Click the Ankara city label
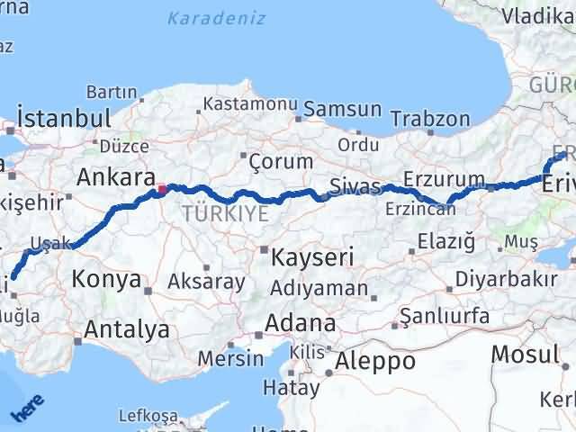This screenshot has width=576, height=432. (x=115, y=176)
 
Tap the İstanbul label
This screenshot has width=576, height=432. (x=65, y=119)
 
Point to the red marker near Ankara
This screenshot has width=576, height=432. (x=162, y=189)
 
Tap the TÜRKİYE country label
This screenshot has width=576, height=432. (x=225, y=213)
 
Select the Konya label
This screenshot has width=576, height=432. (x=106, y=280)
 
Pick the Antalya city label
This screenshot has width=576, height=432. (x=126, y=329)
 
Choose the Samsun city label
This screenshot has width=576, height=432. (x=343, y=109)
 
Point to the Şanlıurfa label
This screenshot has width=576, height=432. (x=445, y=315)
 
